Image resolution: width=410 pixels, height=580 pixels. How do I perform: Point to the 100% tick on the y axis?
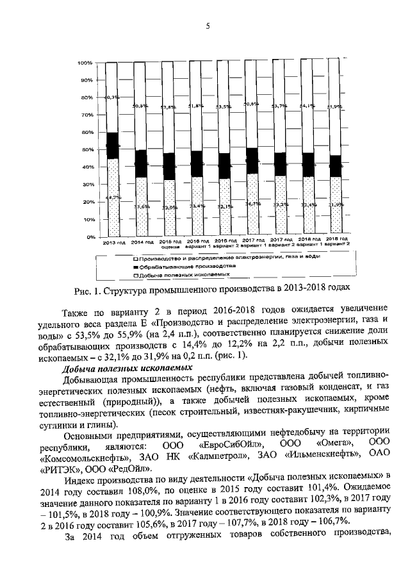(85, 63)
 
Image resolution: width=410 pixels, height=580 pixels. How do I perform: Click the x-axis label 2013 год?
(113, 243)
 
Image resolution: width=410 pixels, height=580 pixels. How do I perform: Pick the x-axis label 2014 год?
(141, 243)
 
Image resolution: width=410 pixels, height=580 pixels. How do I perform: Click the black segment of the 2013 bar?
(112, 145)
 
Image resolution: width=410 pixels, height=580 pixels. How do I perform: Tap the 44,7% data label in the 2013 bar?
(113, 197)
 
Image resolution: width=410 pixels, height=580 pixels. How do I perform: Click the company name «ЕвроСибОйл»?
(230, 444)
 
